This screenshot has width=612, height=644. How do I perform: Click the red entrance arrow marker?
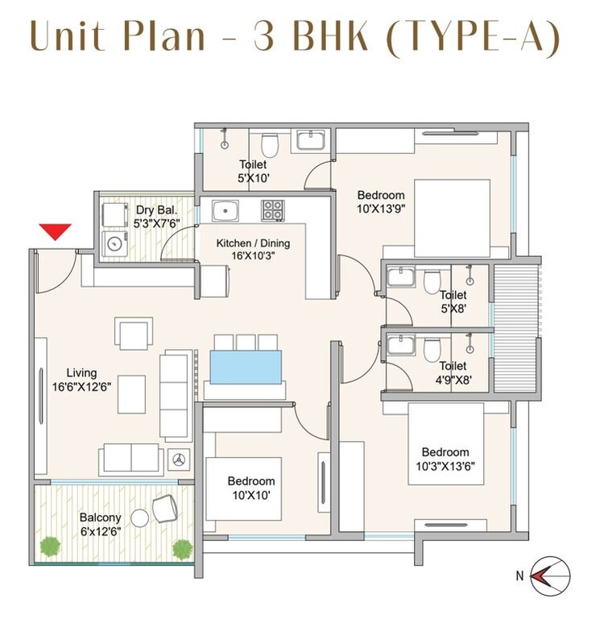56,231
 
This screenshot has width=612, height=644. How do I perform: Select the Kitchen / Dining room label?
253,243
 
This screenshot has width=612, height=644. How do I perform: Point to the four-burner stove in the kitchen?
272,210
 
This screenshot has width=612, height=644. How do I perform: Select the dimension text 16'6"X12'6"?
82,385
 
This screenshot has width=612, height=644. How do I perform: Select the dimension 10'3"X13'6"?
445,465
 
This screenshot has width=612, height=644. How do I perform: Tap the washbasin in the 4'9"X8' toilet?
400,347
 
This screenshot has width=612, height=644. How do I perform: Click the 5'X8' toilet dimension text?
453,309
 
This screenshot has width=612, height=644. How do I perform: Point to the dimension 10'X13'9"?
381,209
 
